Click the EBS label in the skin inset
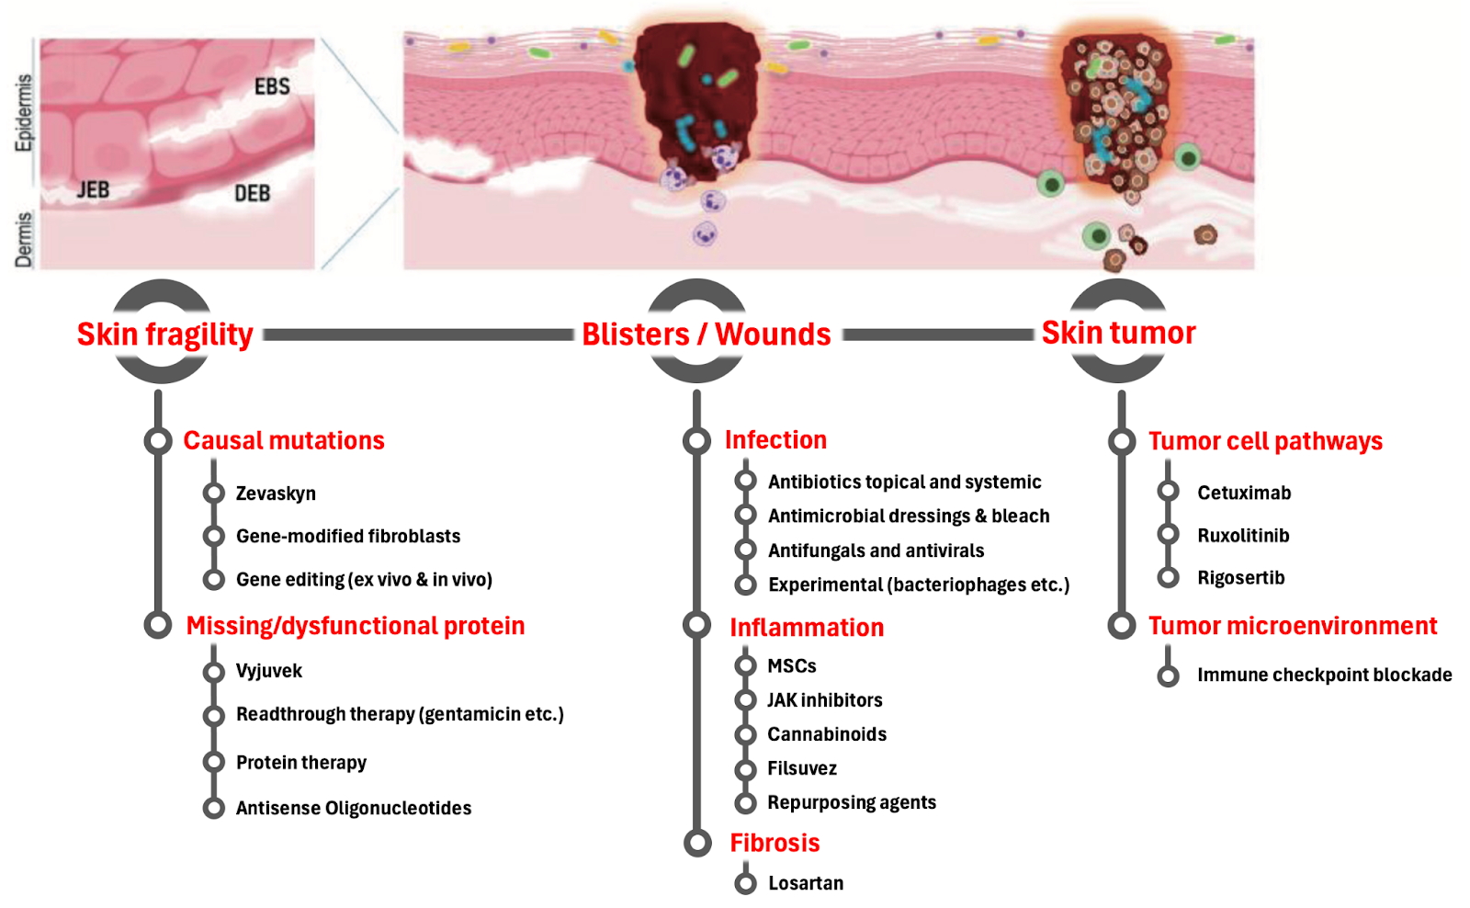(272, 86)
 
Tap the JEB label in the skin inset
(93, 190)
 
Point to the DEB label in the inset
(252, 193)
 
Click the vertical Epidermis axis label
(24, 113)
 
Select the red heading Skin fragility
(165, 335)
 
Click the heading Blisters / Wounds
(707, 335)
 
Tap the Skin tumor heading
(1118, 333)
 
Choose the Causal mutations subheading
(284, 441)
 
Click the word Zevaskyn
(276, 494)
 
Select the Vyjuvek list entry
(268, 671)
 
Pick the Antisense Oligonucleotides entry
(354, 809)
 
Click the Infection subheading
(775, 440)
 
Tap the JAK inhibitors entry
(825, 700)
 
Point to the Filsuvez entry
(802, 768)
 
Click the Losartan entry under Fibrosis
(806, 883)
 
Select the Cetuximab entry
(1244, 493)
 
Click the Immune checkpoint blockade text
(1324, 675)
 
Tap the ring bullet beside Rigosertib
(1168, 577)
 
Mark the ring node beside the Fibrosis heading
(697, 843)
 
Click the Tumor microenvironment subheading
(1293, 627)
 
